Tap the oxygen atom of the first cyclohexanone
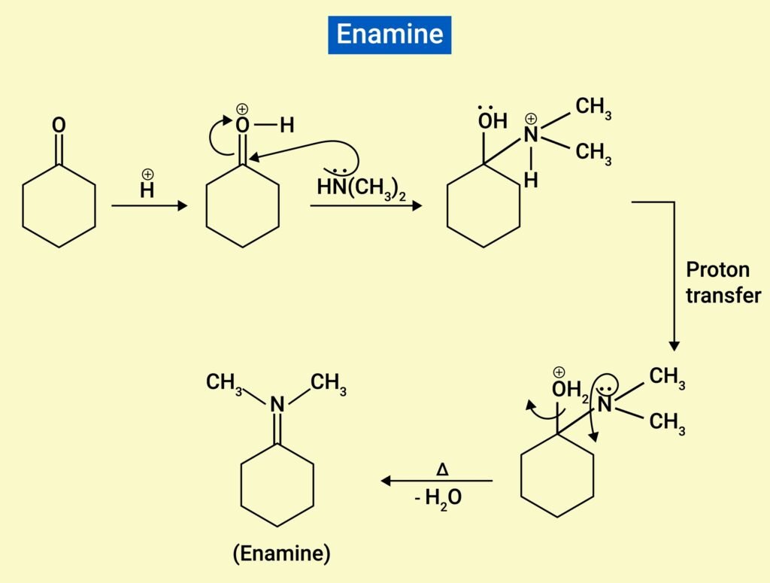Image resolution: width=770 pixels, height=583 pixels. click(59, 124)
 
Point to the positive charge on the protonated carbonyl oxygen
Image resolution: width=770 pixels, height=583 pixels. click(241, 109)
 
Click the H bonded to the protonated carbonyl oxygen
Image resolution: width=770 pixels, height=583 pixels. click(286, 126)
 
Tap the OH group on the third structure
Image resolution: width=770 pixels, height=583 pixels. click(493, 121)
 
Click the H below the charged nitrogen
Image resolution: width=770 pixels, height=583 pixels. click(531, 181)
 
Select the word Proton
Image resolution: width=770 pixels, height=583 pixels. click(717, 269)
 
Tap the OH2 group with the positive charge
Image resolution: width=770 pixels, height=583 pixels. click(569, 390)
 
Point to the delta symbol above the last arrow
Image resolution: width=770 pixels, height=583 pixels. click(442, 469)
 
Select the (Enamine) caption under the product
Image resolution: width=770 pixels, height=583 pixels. click(280, 554)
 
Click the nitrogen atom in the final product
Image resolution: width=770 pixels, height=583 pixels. click(277, 405)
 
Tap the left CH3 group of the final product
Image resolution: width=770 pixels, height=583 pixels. click(224, 383)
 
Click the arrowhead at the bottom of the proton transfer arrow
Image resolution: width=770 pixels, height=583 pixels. click(674, 345)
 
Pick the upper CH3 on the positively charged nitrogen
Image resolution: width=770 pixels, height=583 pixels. click(593, 108)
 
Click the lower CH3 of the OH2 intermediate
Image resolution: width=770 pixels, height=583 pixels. click(667, 423)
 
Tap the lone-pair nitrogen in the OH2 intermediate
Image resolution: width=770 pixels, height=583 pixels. click(605, 407)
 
